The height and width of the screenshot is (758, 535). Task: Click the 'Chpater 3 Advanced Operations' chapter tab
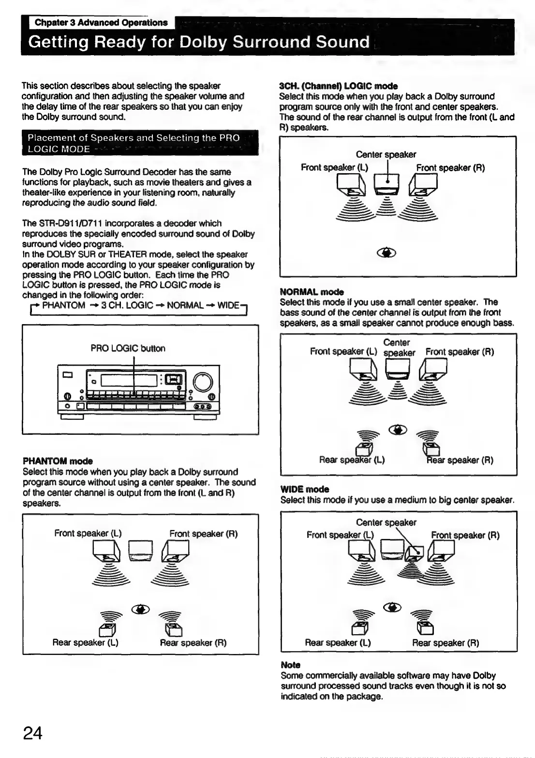[101, 23]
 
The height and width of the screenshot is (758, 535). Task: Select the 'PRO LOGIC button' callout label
[128, 348]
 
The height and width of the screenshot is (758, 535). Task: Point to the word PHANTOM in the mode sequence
[64, 305]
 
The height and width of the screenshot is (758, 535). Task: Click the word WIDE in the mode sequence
[228, 305]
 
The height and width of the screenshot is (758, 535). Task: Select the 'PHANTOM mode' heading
[57, 461]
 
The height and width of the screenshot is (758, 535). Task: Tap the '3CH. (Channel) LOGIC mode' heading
[338, 86]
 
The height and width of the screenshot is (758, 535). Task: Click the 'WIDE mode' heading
[305, 489]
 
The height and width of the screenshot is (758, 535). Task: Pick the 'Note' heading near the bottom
[290, 665]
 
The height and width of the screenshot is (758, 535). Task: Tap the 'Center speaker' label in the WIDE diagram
[386, 522]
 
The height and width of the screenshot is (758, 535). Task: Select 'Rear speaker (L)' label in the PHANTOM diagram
[85, 643]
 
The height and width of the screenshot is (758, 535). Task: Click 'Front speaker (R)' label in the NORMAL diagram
[460, 352]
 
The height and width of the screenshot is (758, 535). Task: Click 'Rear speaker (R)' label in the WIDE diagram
[446, 643]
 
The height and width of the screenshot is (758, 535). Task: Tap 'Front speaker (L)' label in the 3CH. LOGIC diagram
[334, 168]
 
